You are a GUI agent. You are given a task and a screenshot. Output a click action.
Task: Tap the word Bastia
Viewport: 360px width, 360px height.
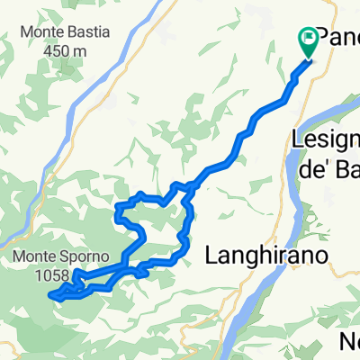pyautogui.click(x=88, y=31)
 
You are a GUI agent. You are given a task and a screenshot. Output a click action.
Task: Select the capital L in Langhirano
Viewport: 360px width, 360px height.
pyautogui.click(x=212, y=256)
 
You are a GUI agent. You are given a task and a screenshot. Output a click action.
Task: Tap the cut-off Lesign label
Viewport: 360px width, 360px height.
pyautogui.click(x=326, y=139)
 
